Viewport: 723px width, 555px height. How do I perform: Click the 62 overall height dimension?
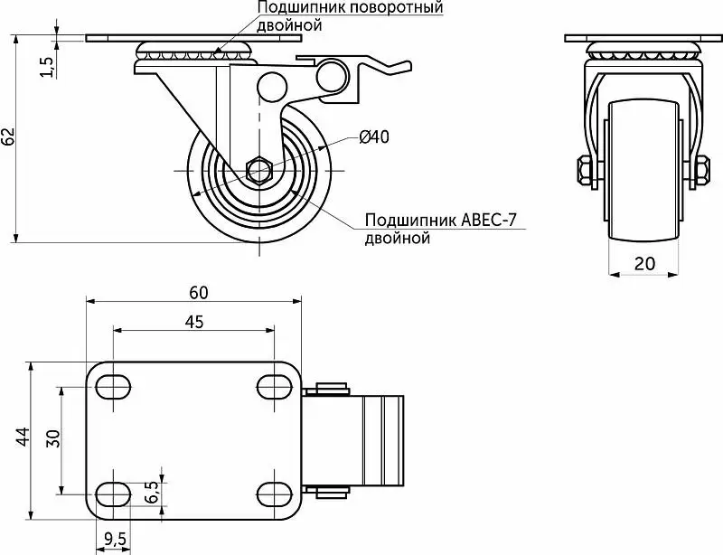pos(9,136)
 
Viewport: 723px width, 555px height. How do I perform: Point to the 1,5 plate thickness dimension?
pos(48,68)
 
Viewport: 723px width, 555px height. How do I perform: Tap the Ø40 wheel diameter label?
pos(374,136)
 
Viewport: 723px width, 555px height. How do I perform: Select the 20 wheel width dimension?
pos(644,263)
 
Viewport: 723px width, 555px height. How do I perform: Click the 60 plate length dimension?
pos(198,293)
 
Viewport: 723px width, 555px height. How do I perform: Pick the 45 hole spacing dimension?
pos(194,322)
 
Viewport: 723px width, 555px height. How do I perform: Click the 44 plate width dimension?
pos(23,437)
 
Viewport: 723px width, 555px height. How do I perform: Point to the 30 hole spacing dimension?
pos(53,437)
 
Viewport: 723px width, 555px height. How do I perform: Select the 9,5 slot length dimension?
pos(115,539)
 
